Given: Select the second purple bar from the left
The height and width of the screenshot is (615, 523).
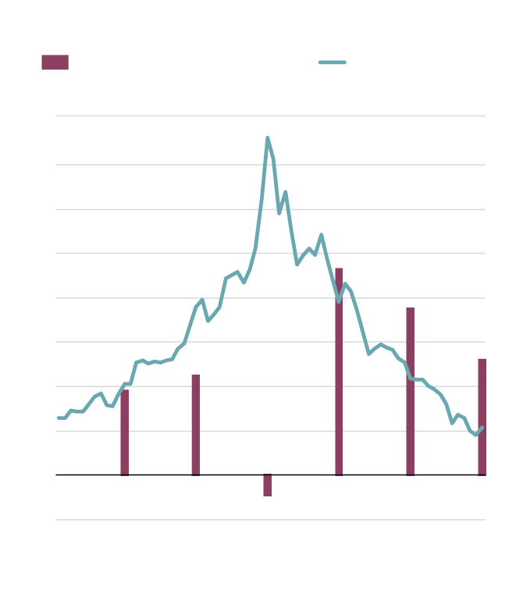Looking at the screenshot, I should point(196,425).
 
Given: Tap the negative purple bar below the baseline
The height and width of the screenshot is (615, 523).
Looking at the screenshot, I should point(268,485).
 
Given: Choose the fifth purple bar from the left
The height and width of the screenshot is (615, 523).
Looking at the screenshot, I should point(411,391).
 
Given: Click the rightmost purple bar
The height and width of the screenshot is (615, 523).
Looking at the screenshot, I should point(482,417).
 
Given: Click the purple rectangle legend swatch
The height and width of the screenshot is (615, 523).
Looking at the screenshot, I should point(55,62).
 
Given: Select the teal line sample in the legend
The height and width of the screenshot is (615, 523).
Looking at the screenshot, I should point(333,62).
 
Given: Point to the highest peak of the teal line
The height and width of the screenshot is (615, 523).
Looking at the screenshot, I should point(268,138).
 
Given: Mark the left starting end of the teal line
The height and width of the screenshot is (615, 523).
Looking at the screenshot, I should point(59,418).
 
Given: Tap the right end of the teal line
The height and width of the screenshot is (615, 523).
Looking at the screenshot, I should point(482,427).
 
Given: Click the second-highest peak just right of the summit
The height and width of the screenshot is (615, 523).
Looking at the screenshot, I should point(286,192).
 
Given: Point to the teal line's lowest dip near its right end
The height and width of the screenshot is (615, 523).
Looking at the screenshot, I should point(476,435).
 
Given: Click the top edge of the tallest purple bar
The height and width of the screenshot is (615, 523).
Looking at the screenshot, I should point(339,269).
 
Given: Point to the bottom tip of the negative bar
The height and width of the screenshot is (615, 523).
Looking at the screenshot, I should point(268,496).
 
